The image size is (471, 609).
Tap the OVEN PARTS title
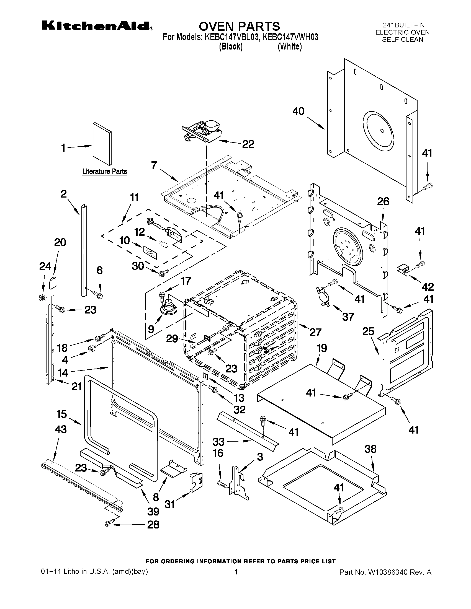[239, 26]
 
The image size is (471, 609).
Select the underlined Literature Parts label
[105, 171]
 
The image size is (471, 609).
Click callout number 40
[298, 111]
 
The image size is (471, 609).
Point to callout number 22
[248, 144]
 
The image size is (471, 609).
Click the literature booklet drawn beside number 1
[102, 144]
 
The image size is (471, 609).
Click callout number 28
[153, 525]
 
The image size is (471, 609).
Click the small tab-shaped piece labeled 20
[53, 283]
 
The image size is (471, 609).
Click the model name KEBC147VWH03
[290, 37]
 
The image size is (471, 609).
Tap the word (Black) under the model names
[230, 46]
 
